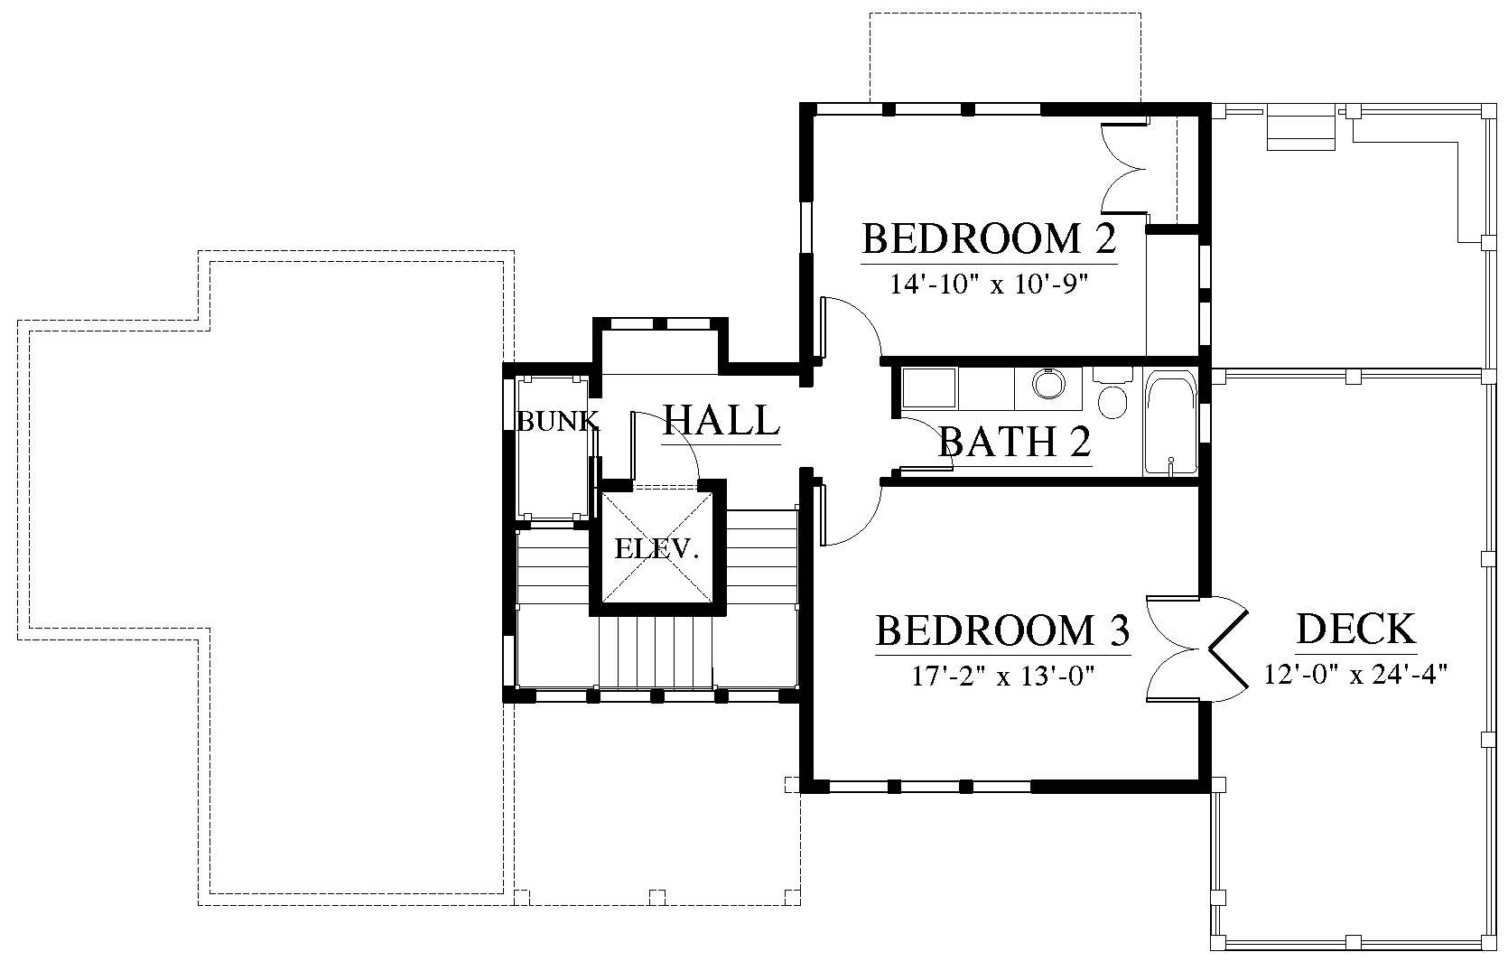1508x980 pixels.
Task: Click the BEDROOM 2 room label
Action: (989, 238)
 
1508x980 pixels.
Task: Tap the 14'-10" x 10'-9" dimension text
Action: (989, 285)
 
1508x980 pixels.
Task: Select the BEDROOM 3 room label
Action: (1002, 630)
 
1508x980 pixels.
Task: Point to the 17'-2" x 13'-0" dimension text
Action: (1002, 675)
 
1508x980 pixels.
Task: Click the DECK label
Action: (1356, 629)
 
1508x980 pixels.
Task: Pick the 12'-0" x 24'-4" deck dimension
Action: (1356, 674)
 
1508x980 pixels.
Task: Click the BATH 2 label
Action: (1015, 442)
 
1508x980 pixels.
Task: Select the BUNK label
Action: (557, 422)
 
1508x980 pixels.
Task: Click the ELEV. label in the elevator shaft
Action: (657, 549)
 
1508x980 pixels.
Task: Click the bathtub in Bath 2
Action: (1170, 423)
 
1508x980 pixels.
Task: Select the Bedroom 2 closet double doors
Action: (1124, 168)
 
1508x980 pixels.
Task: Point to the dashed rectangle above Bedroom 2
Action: (1005, 57)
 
